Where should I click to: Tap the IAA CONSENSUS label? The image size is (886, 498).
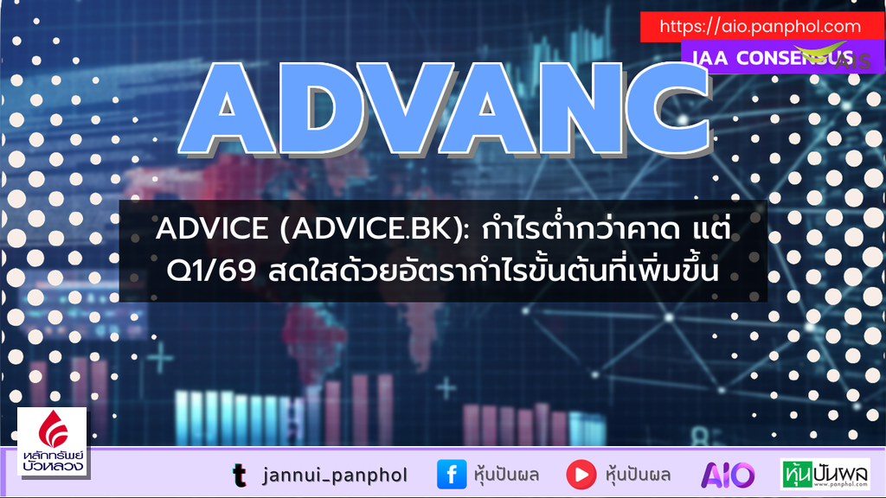(x=761, y=58)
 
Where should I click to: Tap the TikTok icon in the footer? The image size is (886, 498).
(x=239, y=474)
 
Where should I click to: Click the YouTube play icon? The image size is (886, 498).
(x=581, y=474)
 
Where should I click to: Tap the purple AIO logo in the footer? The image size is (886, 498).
(x=727, y=474)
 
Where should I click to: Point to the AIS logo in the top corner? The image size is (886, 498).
(x=826, y=55)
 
